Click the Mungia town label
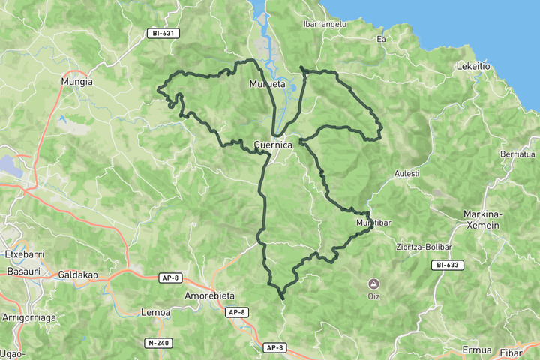click(78, 81)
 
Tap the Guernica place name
click(273, 145)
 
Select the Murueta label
click(268, 85)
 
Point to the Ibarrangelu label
click(324, 24)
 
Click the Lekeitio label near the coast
click(473, 66)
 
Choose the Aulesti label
click(407, 174)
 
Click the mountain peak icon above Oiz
click(373, 283)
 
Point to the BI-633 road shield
click(448, 265)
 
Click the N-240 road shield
click(159, 343)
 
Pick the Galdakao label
click(79, 274)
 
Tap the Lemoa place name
click(156, 312)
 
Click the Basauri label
click(23, 271)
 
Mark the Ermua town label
click(477, 350)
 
